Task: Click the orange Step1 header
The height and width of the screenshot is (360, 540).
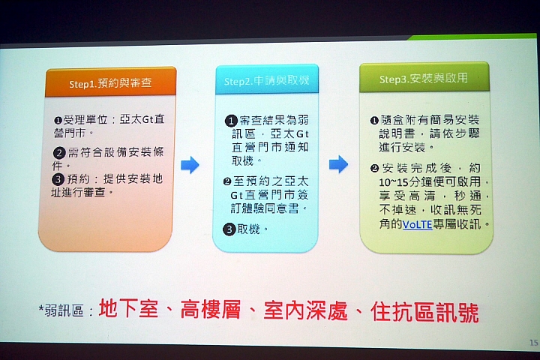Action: click(x=110, y=82)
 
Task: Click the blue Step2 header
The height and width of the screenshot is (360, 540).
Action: click(x=267, y=79)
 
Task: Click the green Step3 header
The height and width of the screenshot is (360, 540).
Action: click(x=424, y=77)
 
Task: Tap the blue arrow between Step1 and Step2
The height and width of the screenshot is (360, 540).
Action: click(x=190, y=165)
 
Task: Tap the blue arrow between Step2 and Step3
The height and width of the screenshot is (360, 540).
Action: click(x=338, y=164)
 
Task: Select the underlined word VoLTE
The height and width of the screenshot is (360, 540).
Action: click(x=418, y=224)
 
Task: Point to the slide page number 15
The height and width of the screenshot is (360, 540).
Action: click(x=533, y=343)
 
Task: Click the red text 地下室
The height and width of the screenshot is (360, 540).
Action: click(x=128, y=308)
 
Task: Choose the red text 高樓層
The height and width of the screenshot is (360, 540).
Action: click(x=211, y=309)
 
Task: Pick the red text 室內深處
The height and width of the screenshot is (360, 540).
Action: click(x=306, y=310)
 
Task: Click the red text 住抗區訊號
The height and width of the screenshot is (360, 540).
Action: click(x=424, y=312)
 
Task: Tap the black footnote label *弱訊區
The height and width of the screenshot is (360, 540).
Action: click(x=61, y=310)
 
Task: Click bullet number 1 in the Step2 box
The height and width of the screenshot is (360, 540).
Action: click(x=231, y=121)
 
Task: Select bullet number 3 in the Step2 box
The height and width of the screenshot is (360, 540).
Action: click(x=229, y=229)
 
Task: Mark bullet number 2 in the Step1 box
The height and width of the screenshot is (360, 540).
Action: click(x=59, y=153)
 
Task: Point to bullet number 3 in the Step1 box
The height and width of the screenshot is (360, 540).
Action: click(x=58, y=179)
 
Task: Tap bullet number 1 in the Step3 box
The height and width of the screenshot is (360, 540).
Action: click(x=374, y=121)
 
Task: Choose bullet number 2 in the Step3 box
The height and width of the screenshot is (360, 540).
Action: click(x=374, y=169)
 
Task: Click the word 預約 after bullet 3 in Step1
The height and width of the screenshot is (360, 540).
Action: click(x=78, y=179)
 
